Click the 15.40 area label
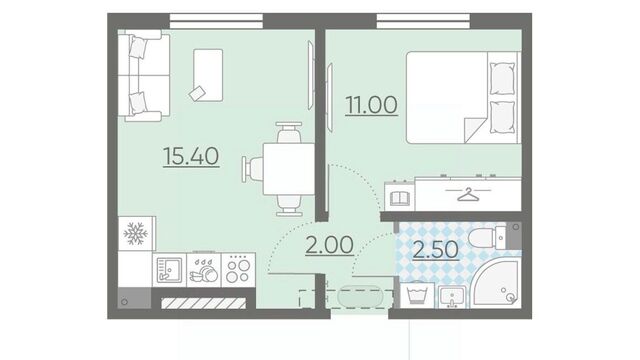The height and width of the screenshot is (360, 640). coord(191,156)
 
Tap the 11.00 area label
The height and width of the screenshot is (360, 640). coord(371,105)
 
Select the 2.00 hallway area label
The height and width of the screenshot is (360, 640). coord(329,245)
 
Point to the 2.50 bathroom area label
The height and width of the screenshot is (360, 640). coord(436,250)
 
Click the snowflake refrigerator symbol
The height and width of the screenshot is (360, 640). coord(136,233)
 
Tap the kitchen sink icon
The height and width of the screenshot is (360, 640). coord(169,269)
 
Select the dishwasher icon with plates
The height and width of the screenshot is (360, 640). coord(204,270)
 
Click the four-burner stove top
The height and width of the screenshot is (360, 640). coord(238,270)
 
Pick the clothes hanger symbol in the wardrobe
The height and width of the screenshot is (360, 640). coord(468,194)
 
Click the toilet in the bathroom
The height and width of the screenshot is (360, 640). coord(488,238)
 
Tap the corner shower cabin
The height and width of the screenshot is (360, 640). coord(495,282)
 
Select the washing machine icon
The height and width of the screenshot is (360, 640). coord(417,295)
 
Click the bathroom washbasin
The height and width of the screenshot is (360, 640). coord(452,297)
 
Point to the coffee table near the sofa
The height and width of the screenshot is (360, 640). coord(208,75)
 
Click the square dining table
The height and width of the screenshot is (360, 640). coord(289,169)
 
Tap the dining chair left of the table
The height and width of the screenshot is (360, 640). coord(253,169)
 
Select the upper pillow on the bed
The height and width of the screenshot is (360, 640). coord(502,79)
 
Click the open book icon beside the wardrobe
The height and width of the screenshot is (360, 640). coord(400,198)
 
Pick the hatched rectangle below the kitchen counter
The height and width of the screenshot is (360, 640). coord(204,303)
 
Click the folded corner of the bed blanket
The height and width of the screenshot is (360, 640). coord(473,129)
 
